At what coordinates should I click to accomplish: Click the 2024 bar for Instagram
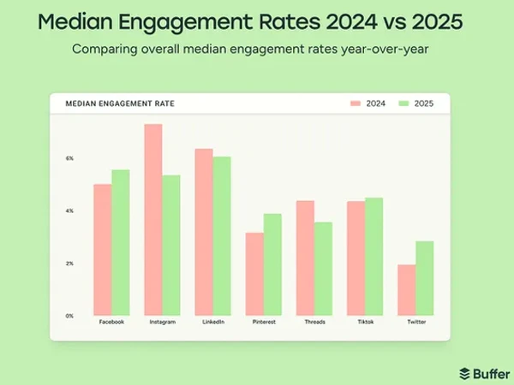153,220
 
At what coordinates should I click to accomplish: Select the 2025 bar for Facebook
121,242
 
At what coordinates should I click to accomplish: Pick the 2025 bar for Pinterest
273,264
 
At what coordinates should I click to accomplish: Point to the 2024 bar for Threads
306,258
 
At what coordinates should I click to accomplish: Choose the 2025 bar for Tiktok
374,256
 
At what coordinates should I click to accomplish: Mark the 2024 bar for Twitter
407,290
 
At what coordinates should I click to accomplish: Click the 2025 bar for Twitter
425,278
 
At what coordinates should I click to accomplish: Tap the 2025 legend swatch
405,104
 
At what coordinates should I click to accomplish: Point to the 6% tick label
69,158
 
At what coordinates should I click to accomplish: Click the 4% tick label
69,210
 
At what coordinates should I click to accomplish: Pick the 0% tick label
69,316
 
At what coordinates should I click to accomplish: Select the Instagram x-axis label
162,323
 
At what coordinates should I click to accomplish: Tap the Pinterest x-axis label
264,323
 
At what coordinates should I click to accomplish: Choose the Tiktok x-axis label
366,323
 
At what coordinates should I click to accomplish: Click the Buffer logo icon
465,373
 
